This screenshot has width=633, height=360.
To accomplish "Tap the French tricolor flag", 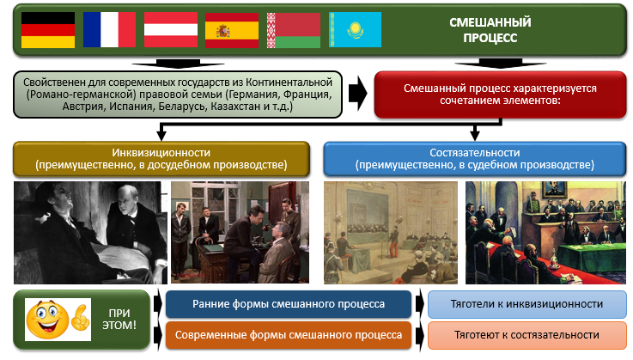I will (108, 29).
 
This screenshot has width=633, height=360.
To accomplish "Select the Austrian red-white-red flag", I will (170, 29).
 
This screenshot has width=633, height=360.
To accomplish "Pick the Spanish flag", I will (231, 29).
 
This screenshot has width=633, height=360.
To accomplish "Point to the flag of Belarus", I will (293, 29).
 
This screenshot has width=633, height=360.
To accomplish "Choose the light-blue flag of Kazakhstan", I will (353, 29).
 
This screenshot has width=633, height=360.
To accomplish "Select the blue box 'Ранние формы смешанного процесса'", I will (287, 304).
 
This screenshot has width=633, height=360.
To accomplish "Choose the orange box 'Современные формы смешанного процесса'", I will (287, 335).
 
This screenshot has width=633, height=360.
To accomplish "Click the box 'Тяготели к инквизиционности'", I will (526, 304).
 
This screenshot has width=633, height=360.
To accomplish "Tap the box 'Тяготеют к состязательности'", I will (526, 335).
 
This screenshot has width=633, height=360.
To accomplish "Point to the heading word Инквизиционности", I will (161, 152).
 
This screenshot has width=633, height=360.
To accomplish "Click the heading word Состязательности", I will (474, 152).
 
